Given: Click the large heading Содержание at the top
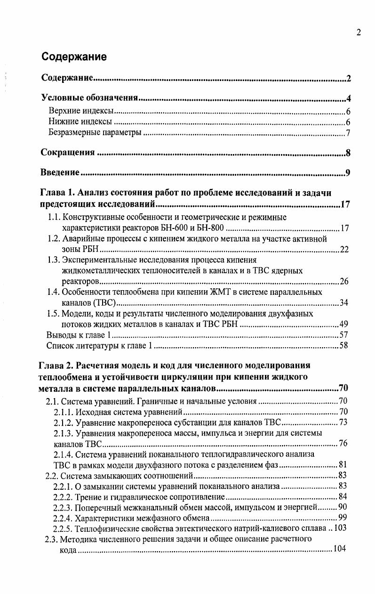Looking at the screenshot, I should (x=74, y=57).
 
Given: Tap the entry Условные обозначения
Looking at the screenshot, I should (x=89, y=98).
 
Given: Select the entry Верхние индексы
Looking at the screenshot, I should (x=81, y=112).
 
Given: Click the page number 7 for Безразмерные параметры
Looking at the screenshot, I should (x=348, y=133).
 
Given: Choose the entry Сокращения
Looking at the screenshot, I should (x=68, y=153).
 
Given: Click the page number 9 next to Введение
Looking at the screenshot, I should (x=348, y=173).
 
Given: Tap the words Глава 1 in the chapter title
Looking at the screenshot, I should (x=56, y=193).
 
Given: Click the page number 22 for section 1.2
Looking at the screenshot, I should (x=344, y=249).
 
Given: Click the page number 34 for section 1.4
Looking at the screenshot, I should (x=344, y=302).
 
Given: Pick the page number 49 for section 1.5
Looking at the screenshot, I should (x=344, y=324).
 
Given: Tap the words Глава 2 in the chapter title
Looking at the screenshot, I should (x=56, y=366).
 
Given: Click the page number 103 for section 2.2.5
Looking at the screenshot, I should (x=340, y=528).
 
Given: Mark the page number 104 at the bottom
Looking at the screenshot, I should (x=340, y=550).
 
